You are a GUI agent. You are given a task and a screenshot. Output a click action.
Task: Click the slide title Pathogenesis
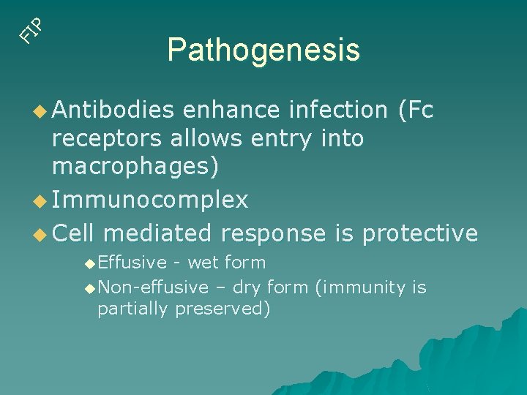click(x=263, y=50)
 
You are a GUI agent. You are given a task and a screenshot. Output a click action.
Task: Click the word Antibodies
click(x=113, y=110)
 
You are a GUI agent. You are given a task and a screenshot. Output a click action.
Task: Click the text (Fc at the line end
click(x=415, y=110)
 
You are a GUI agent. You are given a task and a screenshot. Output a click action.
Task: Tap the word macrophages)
click(x=135, y=167)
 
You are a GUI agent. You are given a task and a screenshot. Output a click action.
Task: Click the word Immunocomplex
click(x=150, y=200)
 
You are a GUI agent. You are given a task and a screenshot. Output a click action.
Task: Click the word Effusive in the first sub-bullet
click(x=132, y=262)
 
